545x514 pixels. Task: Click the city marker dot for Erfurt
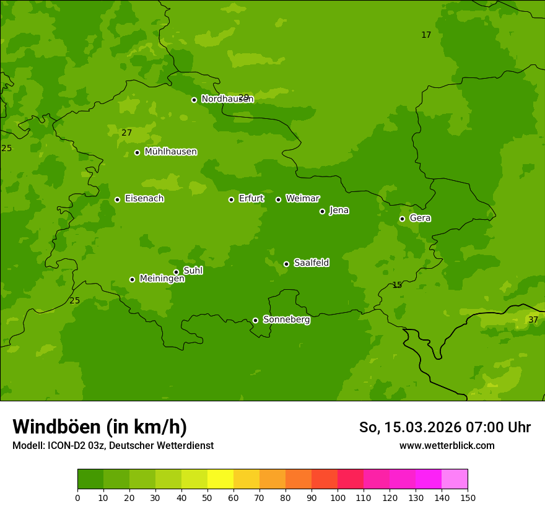(231, 199)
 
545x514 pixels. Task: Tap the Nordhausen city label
(227, 99)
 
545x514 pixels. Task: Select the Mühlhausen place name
(171, 152)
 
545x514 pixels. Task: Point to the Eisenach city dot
(117, 199)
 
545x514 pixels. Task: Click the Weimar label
(302, 199)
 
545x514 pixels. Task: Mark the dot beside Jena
(322, 211)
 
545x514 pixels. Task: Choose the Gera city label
(420, 218)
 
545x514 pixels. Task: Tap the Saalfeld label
(311, 263)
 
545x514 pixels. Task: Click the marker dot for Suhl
(176, 272)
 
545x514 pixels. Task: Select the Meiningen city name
(162, 279)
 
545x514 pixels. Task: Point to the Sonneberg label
(286, 320)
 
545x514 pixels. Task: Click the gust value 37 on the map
(533, 320)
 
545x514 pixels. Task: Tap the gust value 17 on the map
(426, 35)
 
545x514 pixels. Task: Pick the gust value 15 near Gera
(397, 285)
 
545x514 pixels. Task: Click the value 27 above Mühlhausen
(127, 133)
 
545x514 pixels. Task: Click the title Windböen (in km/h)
(100, 427)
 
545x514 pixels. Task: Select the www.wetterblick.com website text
(447, 445)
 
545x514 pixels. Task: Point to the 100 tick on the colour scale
(338, 497)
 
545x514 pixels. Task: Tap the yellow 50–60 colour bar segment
(220, 479)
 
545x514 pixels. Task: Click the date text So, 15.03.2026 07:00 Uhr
(445, 427)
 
